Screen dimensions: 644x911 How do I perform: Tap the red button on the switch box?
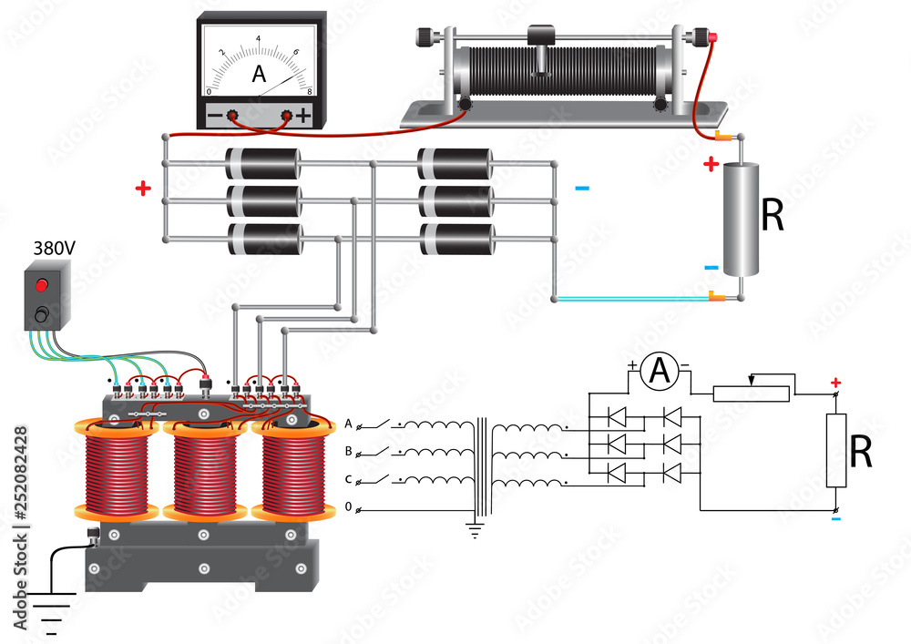coord(41,285)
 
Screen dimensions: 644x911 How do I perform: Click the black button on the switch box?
coord(41,315)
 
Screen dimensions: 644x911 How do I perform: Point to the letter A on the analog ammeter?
coord(259,77)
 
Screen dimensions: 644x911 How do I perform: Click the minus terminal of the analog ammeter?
coord(232,116)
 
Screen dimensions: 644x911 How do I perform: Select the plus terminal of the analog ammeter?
coord(287,116)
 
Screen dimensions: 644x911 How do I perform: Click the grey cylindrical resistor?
coord(742,219)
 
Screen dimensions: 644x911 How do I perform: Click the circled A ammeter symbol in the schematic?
coord(657,369)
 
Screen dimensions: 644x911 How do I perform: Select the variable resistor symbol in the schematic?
coord(751,394)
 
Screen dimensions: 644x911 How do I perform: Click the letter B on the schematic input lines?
coord(348,451)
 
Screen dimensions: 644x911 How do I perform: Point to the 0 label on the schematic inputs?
coord(348,506)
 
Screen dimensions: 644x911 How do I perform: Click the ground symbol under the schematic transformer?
coord(475,529)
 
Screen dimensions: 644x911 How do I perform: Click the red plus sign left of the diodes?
coord(142,189)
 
